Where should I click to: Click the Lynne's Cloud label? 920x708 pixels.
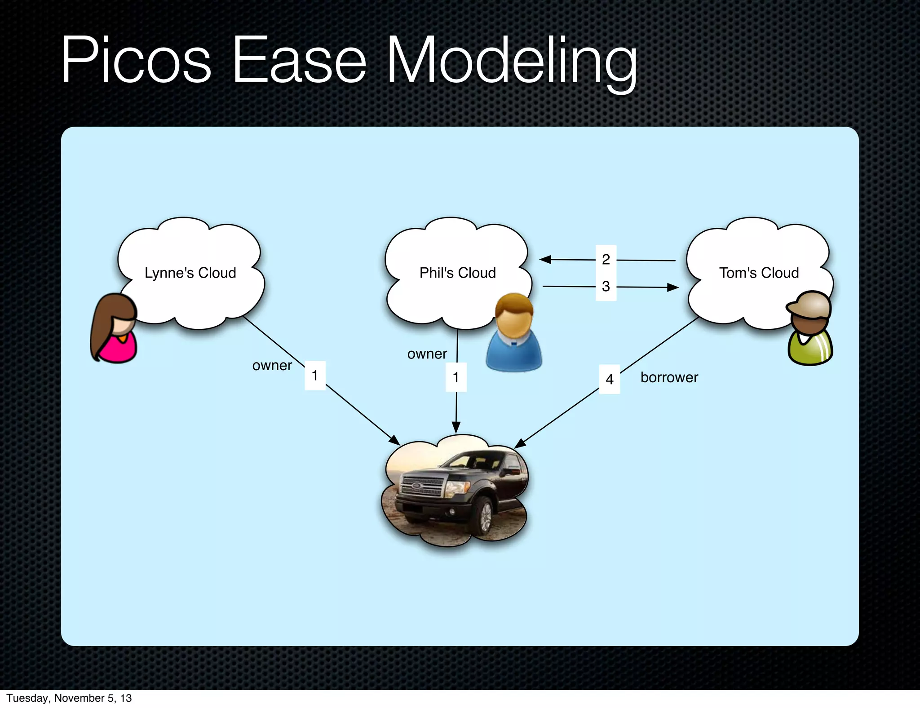tap(190, 273)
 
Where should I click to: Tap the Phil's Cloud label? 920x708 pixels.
tap(457, 273)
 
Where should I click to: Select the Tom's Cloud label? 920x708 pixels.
tap(759, 273)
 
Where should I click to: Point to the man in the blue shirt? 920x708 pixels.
tap(514, 333)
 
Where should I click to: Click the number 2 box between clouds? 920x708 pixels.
tap(606, 259)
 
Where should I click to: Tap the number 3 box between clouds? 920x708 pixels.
tap(606, 286)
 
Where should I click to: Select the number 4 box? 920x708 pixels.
tap(610, 379)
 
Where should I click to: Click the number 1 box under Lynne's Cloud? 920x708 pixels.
tap(315, 375)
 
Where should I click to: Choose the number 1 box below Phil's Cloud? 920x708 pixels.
tap(456, 377)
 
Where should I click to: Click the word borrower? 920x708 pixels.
tap(669, 377)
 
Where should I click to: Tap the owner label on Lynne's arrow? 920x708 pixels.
tap(272, 366)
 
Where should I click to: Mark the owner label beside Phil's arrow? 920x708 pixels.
tap(427, 354)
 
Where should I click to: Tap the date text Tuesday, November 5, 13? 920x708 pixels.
tap(69, 698)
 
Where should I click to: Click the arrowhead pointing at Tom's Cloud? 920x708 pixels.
tap(672, 288)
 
